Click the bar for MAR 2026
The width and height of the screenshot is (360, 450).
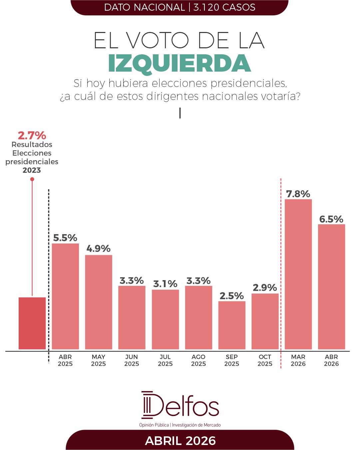click(298, 274)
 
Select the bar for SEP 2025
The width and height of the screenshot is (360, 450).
click(232, 325)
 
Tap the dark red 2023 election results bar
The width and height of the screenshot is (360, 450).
click(32, 323)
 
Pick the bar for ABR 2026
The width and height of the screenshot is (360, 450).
click(331, 286)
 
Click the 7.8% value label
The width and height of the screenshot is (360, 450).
click(298, 194)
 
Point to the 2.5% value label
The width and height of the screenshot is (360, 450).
click(232, 296)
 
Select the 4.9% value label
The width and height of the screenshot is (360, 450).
click(99, 248)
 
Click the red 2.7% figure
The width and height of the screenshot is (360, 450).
click(32, 136)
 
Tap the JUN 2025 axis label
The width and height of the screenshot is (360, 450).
click(132, 360)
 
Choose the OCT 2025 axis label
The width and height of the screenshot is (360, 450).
click(265, 360)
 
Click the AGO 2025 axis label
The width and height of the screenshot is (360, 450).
click(198, 360)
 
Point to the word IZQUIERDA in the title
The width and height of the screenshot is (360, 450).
click(180, 63)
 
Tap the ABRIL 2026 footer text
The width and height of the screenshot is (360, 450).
click(180, 441)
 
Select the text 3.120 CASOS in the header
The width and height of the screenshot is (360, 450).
click(224, 7)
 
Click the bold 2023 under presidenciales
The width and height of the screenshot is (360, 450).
click(32, 170)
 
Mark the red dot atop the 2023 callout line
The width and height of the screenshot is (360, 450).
click(32, 179)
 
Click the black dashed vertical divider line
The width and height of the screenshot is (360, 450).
click(49, 273)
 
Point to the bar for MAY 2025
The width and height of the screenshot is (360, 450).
click(99, 302)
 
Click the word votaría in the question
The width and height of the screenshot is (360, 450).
click(282, 96)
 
